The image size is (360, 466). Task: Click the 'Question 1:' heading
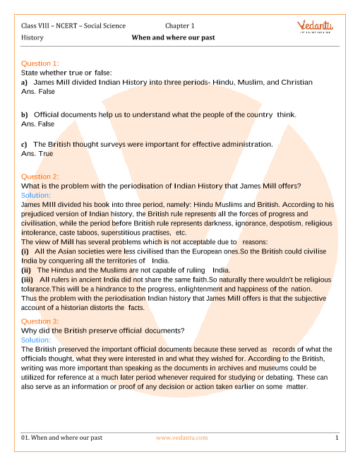(40, 64)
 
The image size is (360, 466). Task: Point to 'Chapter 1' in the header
(180, 25)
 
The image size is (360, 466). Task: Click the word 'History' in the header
(32, 38)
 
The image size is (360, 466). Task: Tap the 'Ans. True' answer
(37, 153)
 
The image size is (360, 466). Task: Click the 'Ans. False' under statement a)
(38, 91)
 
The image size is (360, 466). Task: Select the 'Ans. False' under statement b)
(38, 124)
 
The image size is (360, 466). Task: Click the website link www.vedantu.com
(181, 438)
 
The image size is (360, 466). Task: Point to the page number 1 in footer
(337, 438)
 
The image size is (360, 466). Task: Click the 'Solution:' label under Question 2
(36, 195)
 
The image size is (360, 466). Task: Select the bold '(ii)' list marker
(26, 270)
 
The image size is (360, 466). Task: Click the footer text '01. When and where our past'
(62, 438)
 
